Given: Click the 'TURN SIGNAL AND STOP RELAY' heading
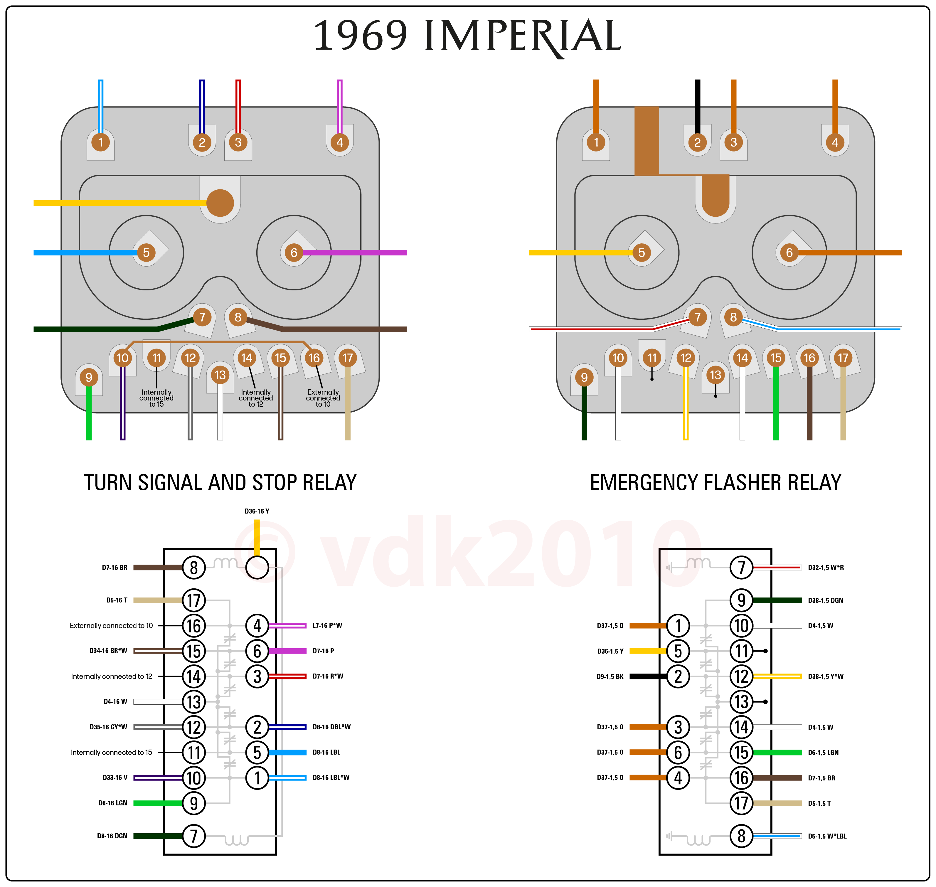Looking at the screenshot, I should pos(220,483).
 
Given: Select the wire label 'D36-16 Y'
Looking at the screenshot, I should pos(257,511).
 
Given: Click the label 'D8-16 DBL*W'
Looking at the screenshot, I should pos(331,727).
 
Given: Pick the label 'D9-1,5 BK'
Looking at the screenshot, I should pos(610,676).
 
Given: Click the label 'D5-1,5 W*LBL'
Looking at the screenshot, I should pos(827,836).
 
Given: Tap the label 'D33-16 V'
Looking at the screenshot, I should pos(115,777).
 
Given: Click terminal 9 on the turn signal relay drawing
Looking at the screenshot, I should pos(89,377).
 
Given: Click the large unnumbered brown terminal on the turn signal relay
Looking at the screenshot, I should pos(220,203).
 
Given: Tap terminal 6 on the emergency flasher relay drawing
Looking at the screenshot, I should pos(789,253).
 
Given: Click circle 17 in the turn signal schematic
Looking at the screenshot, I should pos(194,600).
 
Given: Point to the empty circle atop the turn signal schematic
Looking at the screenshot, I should pos(257,567).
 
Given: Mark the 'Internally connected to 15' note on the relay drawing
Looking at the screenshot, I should pos(156,398).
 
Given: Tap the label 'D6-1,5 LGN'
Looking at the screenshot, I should pos(823,752).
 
